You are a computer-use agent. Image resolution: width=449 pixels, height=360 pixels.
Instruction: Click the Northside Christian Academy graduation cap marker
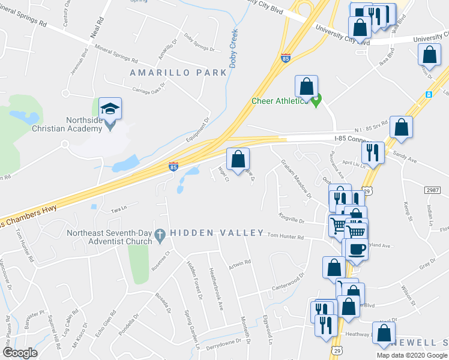point(110,109)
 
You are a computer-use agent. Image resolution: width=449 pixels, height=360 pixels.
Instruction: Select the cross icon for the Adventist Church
point(160,237)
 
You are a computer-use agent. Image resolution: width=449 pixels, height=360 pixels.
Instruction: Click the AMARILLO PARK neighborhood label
point(179,73)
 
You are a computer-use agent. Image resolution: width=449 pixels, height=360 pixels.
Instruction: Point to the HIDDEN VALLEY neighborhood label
point(217,233)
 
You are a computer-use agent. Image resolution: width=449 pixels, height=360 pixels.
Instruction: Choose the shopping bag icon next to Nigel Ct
point(238,160)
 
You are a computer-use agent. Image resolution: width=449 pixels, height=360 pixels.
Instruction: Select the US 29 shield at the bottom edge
point(336,348)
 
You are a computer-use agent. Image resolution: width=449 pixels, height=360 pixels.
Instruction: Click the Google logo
point(20,353)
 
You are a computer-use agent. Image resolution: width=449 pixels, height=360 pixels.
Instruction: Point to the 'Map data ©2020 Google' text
point(412,355)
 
